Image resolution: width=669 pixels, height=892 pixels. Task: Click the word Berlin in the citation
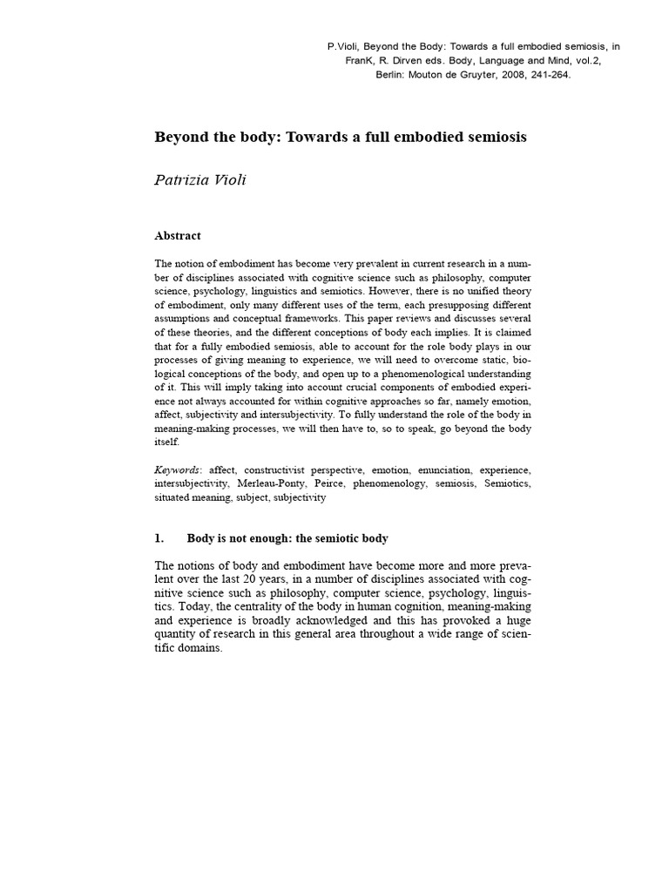tap(391, 75)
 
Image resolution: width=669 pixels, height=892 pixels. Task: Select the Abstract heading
tap(178, 235)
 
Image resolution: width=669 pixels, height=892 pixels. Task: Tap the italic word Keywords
tap(178, 470)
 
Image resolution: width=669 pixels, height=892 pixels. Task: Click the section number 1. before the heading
tap(159, 539)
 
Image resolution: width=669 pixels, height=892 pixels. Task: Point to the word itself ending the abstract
tap(166, 442)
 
